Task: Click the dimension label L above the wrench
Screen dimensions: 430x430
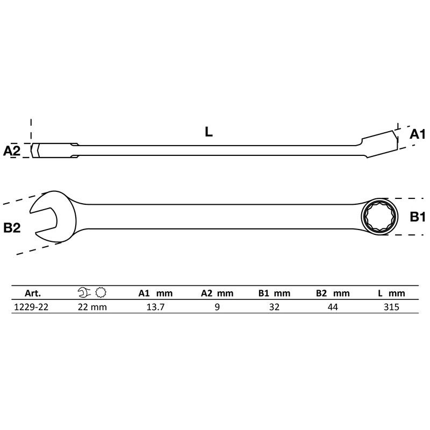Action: [x=209, y=132]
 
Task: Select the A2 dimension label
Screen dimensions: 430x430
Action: [x=12, y=151]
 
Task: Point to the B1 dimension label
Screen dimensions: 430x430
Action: [x=417, y=217]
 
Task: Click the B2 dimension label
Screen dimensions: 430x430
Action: [x=12, y=228]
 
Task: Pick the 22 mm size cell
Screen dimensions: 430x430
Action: [x=92, y=307]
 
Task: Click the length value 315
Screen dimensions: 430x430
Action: [x=390, y=307]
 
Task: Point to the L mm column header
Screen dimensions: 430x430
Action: [x=390, y=293]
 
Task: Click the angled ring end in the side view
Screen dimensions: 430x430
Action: [x=379, y=140]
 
